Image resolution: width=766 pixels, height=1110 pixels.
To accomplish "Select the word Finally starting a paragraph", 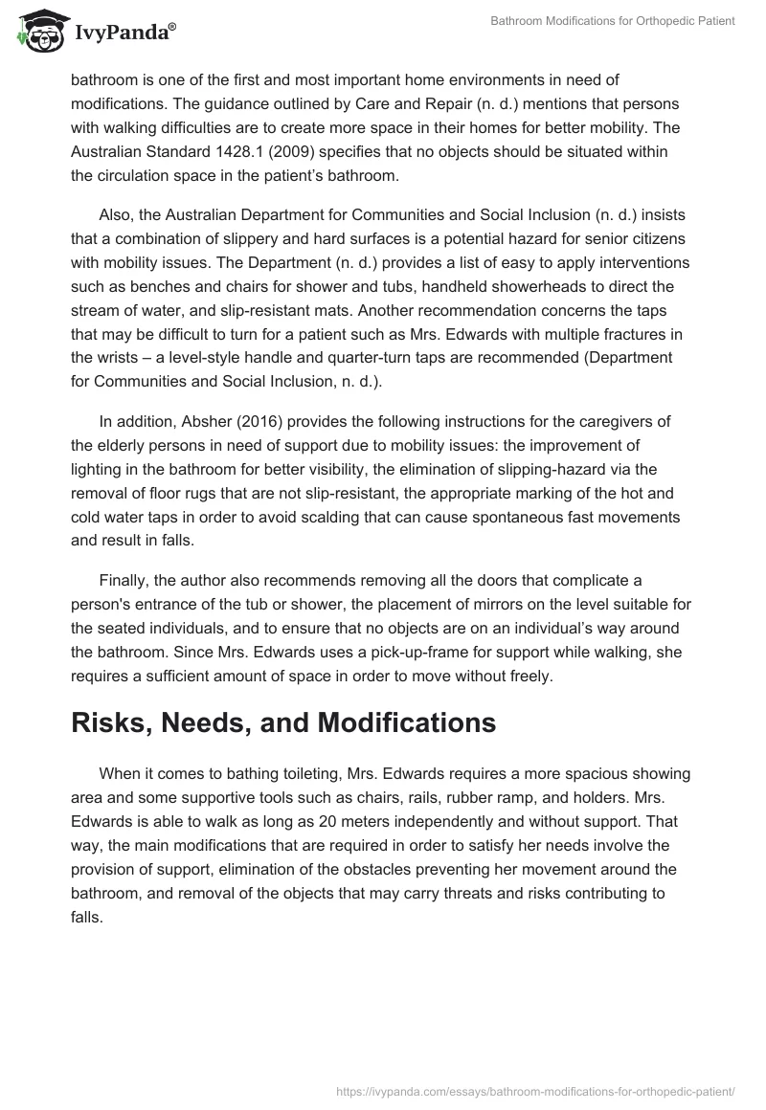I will point(124,584).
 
